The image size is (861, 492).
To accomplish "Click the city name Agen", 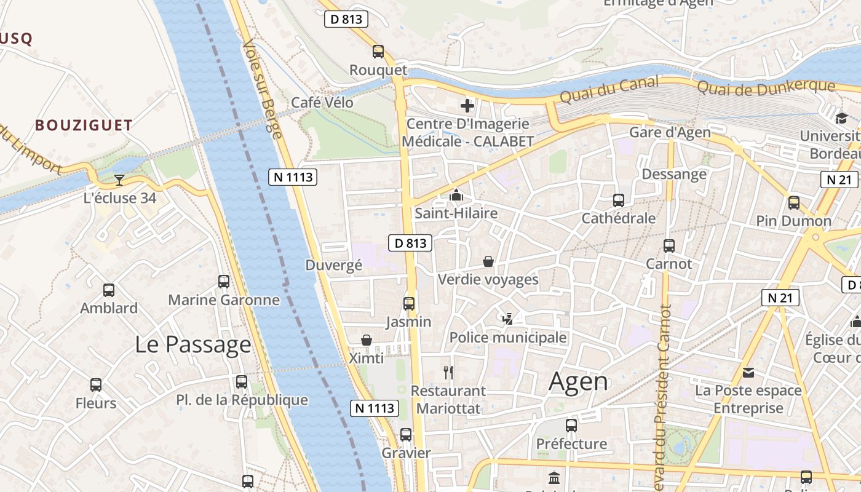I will [578, 381].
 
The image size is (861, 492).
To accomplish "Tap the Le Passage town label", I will [193, 344].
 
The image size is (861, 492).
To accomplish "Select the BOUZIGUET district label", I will [84, 125].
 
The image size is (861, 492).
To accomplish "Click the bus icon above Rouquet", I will [378, 52].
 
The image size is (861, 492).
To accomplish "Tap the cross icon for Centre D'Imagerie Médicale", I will [467, 106].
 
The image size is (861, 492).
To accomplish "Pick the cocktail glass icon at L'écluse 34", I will [119, 180].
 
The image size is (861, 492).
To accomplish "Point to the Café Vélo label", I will [322, 103].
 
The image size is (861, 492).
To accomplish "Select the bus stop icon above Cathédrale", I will [619, 200].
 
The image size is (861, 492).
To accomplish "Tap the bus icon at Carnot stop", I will [669, 246].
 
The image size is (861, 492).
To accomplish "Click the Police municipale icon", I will [507, 319].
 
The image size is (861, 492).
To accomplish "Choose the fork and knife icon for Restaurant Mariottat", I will [448, 372].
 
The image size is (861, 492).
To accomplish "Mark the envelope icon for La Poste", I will [748, 372].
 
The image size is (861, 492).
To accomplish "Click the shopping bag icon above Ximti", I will [367, 340].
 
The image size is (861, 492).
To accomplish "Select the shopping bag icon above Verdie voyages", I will [488, 261].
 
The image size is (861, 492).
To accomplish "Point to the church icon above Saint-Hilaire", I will [456, 196].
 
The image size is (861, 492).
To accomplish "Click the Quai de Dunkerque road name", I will [765, 87].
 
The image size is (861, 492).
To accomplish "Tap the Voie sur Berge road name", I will [262, 86].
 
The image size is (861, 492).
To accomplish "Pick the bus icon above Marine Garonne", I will [224, 282].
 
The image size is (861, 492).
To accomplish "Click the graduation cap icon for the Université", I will [841, 118].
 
